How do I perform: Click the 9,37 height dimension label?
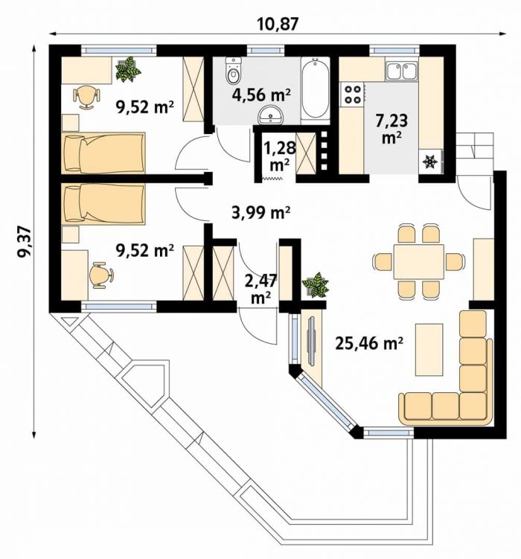point(25,242)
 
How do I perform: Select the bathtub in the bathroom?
point(315,90)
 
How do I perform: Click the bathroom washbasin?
point(270,115)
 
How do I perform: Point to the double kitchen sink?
point(402,71)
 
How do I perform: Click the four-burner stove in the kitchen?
point(353,94)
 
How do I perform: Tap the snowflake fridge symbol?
point(429,162)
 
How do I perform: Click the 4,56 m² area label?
point(261,95)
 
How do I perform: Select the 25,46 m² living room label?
point(369,343)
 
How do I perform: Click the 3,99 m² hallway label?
point(260,213)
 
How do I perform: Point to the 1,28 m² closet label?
point(280,156)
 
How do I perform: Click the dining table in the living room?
point(419,262)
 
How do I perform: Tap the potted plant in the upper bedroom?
point(128,69)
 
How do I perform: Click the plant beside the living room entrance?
point(316,284)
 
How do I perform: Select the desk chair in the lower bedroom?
point(101,275)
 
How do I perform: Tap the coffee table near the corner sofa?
point(429,350)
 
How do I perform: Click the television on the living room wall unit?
point(312,340)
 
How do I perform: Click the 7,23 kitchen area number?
point(391,121)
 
